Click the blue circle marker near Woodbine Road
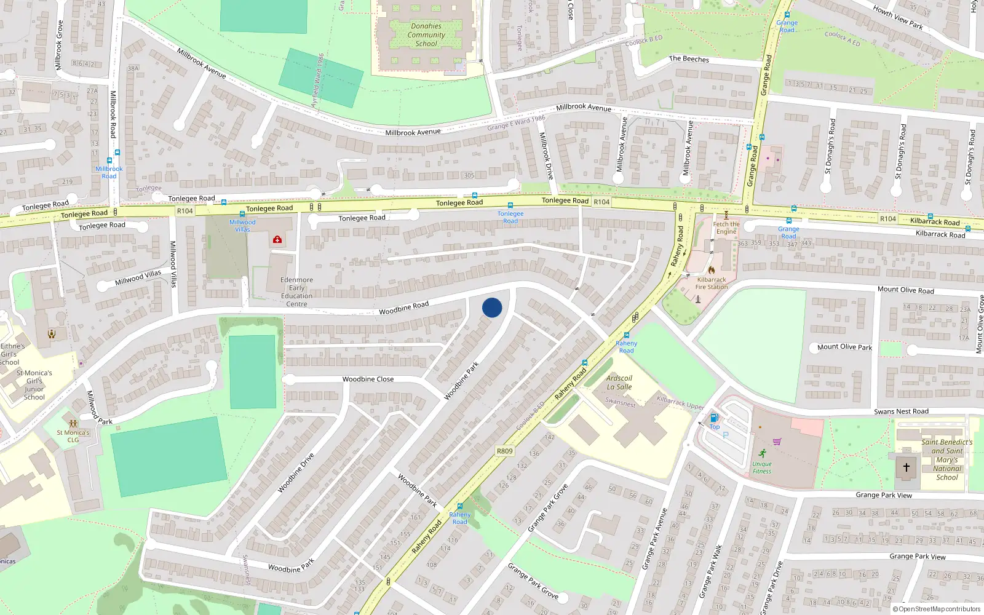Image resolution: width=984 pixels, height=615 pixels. (x=492, y=307)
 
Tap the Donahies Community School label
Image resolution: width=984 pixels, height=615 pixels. (x=426, y=35)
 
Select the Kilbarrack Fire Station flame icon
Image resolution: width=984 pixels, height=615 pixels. (x=712, y=269)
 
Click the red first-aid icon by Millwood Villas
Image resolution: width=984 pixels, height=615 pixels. (x=277, y=239)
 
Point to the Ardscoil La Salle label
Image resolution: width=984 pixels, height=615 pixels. (x=619, y=383)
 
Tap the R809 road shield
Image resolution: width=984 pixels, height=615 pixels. (x=504, y=451)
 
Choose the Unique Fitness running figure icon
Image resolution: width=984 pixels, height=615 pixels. (x=763, y=454)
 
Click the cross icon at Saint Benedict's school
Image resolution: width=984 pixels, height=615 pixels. (x=906, y=467)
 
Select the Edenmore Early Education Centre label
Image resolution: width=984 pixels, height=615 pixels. (x=296, y=292)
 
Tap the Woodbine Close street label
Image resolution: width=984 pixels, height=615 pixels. (x=368, y=379)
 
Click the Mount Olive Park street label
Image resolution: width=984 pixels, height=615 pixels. (x=844, y=347)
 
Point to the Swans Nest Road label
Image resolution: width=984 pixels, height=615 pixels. (x=901, y=411)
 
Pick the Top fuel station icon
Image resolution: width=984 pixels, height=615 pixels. (x=714, y=418)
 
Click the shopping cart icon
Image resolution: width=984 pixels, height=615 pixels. (x=777, y=441)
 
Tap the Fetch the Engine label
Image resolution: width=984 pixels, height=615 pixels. (x=726, y=228)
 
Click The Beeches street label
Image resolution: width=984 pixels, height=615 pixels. (x=689, y=59)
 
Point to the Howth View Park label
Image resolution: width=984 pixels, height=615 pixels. (x=898, y=17)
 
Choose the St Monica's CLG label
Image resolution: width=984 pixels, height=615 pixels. (x=73, y=436)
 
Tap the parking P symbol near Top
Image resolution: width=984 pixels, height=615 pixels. (x=726, y=435)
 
